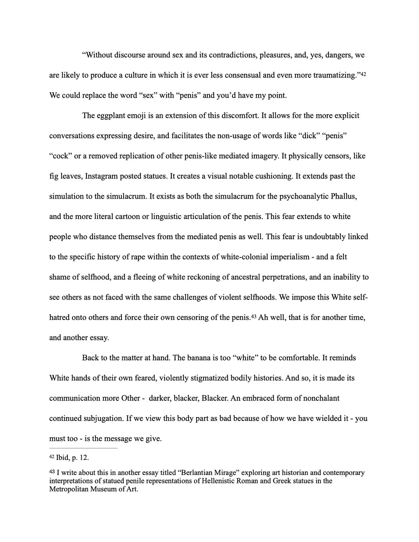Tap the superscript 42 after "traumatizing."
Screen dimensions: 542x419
[x=363, y=74]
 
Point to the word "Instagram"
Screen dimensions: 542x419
[x=101, y=176]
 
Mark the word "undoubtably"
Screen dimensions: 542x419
[x=324, y=237]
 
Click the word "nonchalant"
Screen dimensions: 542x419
[x=320, y=398]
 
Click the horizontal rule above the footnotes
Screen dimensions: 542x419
[x=83, y=448]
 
